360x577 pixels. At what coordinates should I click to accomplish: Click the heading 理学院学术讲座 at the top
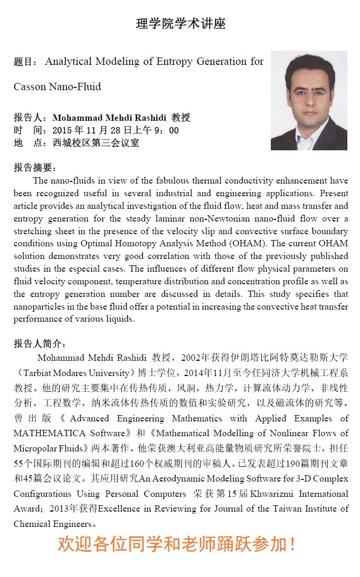181,24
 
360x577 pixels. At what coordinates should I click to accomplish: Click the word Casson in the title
30,87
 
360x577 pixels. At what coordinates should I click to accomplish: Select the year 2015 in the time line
63,130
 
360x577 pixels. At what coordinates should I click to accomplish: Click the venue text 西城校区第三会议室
96,143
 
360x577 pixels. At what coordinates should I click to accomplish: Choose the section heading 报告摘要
34,168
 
